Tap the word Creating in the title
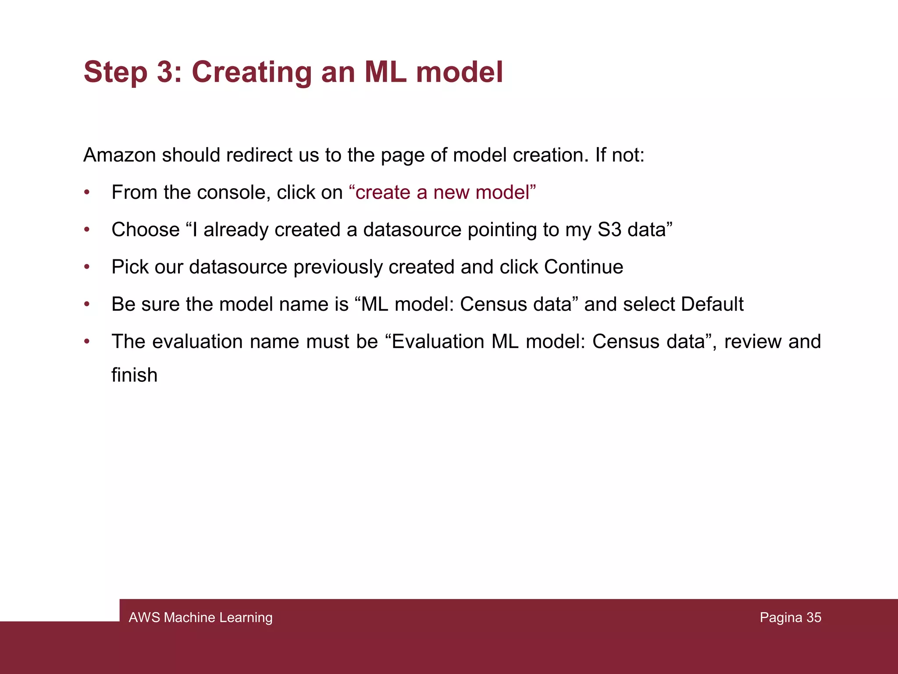pyautogui.click(x=251, y=72)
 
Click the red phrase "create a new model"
pyautogui.click(x=442, y=192)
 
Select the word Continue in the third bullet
pyautogui.click(x=583, y=267)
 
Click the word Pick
pyautogui.click(x=130, y=267)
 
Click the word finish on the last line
pyautogui.click(x=134, y=375)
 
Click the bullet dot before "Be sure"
pyautogui.click(x=87, y=304)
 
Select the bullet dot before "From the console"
pyautogui.click(x=87, y=192)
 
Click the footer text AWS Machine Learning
pyautogui.click(x=200, y=617)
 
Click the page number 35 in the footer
pyautogui.click(x=813, y=617)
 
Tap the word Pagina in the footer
pyautogui.click(x=781, y=617)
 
